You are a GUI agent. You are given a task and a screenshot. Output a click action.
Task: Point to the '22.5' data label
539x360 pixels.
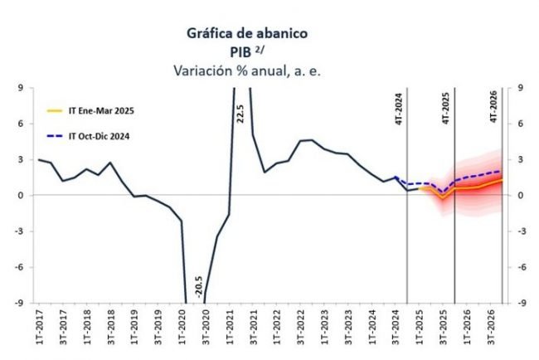point(240,111)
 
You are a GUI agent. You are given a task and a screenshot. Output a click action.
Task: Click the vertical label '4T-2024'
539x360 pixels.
point(399,109)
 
